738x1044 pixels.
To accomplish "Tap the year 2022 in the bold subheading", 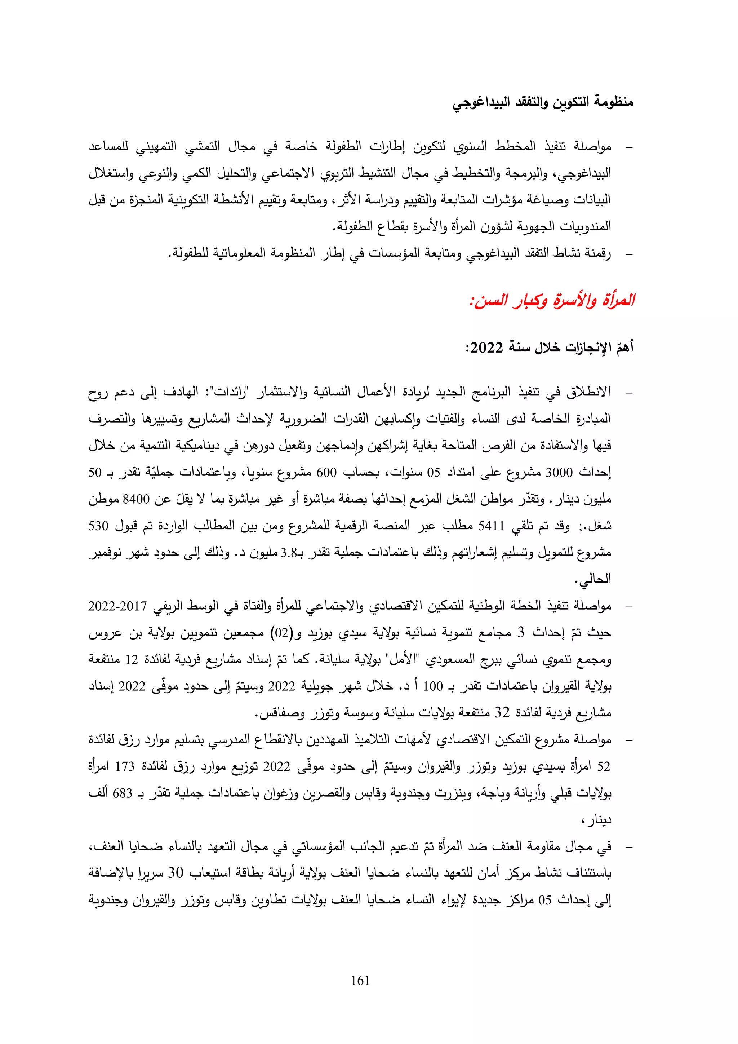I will pos(486,348).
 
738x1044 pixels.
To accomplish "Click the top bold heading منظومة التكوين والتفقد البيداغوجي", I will pos(543,102).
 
